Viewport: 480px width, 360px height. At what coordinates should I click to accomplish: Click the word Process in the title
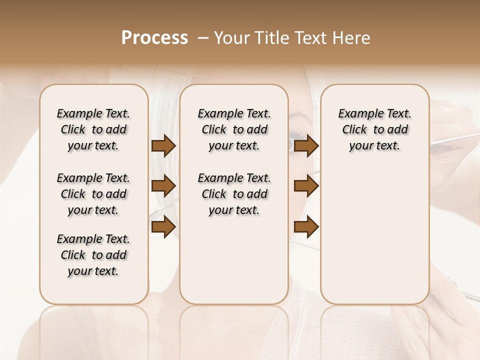click(154, 38)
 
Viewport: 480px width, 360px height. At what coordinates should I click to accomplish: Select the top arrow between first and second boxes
click(163, 146)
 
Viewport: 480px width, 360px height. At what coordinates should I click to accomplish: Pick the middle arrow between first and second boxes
click(163, 186)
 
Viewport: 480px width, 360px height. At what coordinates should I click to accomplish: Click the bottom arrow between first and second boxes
click(163, 227)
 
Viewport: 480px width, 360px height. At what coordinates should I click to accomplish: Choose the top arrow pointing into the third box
click(306, 146)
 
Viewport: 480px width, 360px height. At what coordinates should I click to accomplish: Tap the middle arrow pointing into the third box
click(306, 186)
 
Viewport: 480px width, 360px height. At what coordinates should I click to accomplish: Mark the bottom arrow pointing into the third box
click(306, 227)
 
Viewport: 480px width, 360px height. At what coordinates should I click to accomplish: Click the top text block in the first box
click(93, 129)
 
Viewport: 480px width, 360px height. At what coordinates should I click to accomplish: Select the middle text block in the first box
click(93, 194)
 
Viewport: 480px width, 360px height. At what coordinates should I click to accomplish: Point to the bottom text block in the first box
click(93, 255)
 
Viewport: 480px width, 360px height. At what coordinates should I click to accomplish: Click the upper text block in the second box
click(234, 129)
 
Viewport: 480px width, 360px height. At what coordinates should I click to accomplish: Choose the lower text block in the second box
click(234, 194)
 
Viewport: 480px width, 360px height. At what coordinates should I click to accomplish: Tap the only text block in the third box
click(374, 129)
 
